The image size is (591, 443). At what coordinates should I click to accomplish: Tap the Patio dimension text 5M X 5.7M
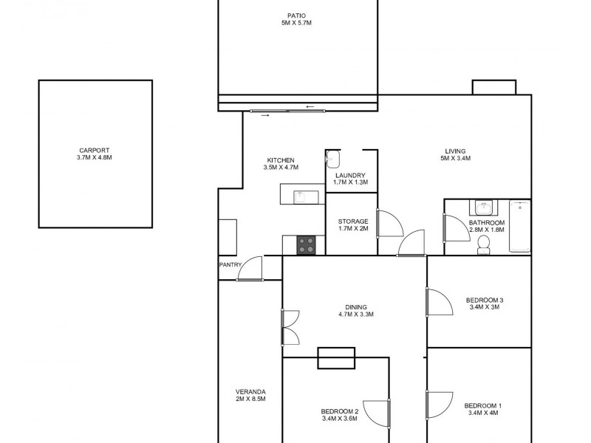point(296,24)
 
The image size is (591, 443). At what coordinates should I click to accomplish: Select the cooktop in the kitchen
point(307,245)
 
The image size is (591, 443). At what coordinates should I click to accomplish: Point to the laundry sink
point(332,159)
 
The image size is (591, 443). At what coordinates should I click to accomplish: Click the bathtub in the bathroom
point(520,226)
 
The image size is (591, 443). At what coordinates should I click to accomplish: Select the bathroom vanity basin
point(485,207)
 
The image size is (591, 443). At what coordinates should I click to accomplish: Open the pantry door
point(250,269)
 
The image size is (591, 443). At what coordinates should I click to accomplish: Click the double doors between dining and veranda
point(290,326)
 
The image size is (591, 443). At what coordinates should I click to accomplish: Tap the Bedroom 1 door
point(437,405)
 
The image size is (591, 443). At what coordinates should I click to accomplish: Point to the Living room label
point(455,149)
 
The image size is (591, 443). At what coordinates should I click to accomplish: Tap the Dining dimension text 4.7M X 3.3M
point(356,315)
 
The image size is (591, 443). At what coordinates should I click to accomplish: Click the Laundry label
point(350,176)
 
